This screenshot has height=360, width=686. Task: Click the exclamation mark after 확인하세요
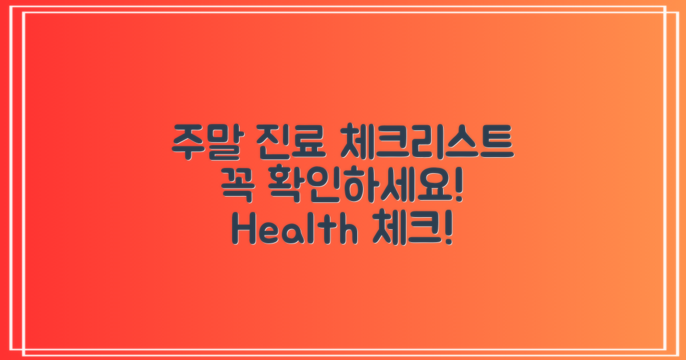456,187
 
